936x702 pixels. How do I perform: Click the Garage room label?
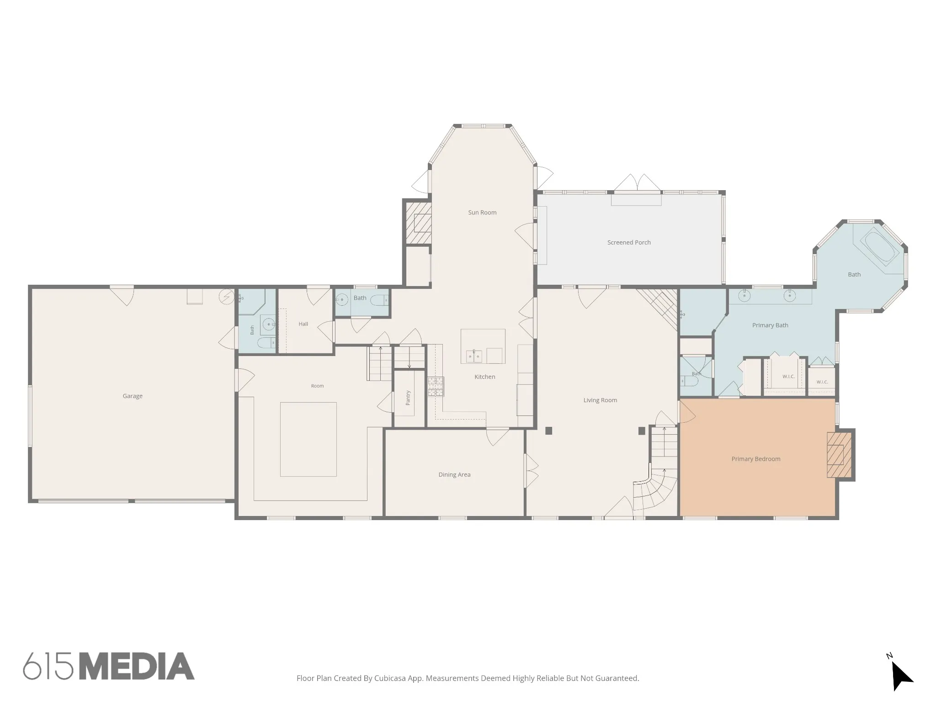tap(133, 396)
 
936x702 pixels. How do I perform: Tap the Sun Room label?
tap(482, 213)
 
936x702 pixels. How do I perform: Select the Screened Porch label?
tap(629, 242)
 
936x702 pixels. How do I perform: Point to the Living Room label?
tap(600, 400)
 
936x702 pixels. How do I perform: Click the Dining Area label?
tap(454, 474)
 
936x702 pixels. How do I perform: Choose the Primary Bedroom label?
tap(756, 459)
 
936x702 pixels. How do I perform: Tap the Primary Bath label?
tap(770, 325)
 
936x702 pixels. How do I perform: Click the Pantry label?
tap(408, 398)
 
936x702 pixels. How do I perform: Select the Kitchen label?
tap(485, 377)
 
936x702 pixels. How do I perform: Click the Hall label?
tap(303, 324)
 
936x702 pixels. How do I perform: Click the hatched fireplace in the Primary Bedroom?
tap(839, 455)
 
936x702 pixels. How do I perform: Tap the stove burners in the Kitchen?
tap(436, 387)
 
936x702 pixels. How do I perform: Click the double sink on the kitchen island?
tap(474, 356)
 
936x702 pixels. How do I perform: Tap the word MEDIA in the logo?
tap(137, 666)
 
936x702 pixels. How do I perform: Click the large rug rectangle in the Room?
tap(308, 439)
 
